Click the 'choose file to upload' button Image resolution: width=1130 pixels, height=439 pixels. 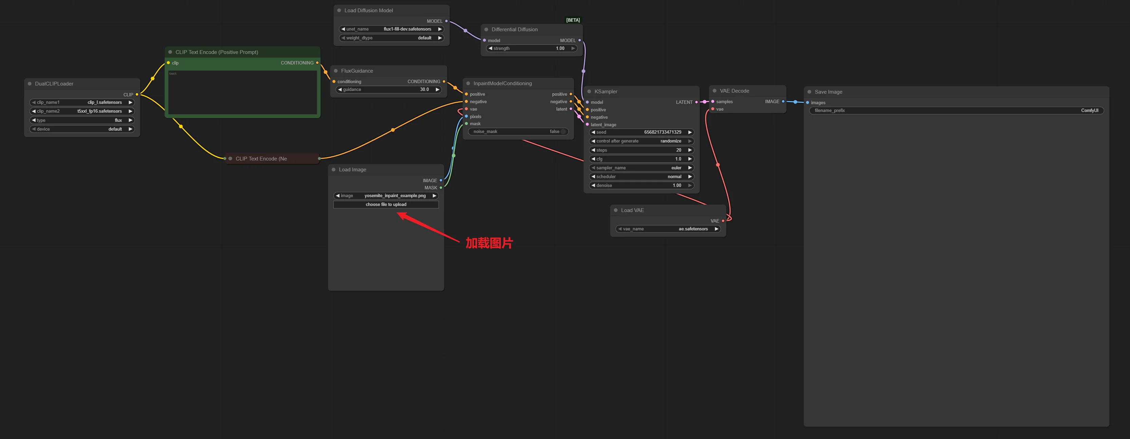click(386, 204)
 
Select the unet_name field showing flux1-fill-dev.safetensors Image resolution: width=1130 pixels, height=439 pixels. click(391, 29)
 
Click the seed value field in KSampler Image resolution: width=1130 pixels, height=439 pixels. click(641, 132)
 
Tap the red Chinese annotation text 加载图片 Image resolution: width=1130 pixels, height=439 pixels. click(489, 243)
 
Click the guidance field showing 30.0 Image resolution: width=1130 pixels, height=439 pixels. click(389, 90)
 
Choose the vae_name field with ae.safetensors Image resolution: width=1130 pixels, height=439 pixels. click(668, 229)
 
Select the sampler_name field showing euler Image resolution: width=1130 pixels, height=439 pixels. click(641, 168)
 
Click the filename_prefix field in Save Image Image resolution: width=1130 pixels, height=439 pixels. click(956, 111)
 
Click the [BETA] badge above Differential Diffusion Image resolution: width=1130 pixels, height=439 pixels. click(573, 20)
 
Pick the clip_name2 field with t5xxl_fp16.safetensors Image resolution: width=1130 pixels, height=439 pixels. click(82, 111)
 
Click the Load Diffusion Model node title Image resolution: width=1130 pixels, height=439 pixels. click(369, 11)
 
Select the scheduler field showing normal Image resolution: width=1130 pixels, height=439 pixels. click(641, 177)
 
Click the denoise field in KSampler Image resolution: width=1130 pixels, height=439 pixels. click(641, 186)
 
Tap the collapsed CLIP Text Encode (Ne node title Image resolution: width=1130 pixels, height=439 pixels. click(261, 159)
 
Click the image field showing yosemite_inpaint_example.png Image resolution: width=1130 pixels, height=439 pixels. click(386, 196)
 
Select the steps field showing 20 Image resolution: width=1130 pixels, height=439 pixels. click(641, 150)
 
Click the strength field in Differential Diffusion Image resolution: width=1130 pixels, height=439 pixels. click(532, 48)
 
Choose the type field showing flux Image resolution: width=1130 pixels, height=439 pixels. click(82, 120)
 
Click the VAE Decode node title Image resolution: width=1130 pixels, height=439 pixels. click(734, 91)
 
